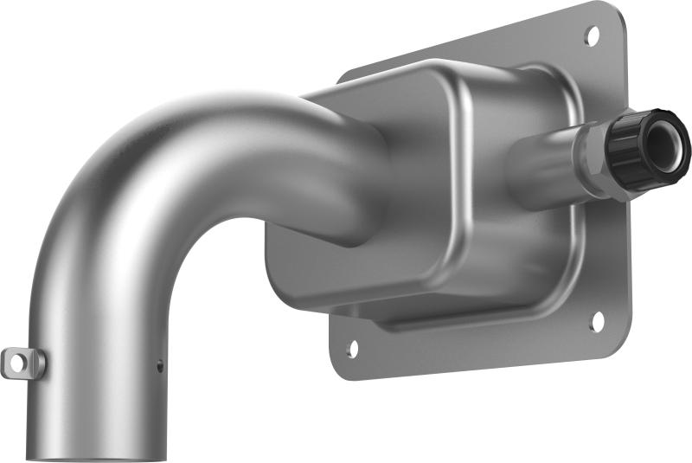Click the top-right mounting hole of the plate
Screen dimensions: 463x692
592,35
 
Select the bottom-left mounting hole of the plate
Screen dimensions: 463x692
352,349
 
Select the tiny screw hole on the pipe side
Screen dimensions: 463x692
159,366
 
